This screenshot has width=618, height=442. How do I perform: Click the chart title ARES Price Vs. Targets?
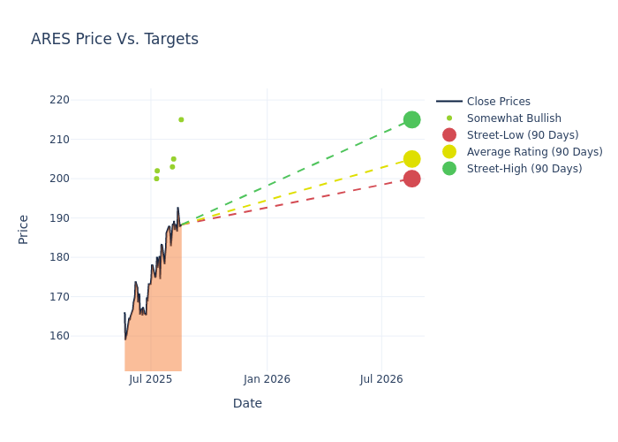pos(115,40)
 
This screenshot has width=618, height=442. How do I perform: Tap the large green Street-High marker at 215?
pos(411,119)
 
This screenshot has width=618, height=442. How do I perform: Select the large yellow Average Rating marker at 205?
pos(411,159)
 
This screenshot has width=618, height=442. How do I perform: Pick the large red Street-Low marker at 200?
pos(411,179)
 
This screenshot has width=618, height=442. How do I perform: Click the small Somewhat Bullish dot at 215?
pos(181,119)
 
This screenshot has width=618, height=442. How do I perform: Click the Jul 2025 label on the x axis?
pos(151,379)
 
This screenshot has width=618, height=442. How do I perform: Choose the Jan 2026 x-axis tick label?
pos(267,379)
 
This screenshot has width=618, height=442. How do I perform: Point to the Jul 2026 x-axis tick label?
pos(381,379)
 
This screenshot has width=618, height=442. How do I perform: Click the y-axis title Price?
pos(24,229)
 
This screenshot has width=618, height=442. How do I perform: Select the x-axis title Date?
pos(247,403)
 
